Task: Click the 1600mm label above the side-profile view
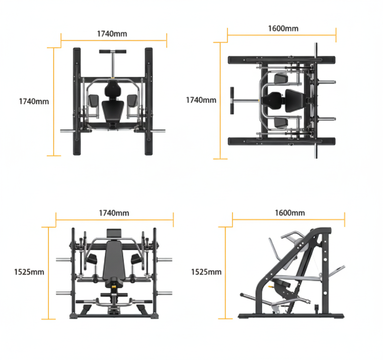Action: [x=290, y=213]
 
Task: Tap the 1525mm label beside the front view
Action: [x=29, y=272]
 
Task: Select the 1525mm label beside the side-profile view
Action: [x=206, y=272]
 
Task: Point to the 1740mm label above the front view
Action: [x=114, y=213]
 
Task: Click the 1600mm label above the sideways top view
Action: [x=283, y=29]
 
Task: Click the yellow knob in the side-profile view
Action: [x=270, y=286]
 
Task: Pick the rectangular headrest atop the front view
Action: [x=114, y=233]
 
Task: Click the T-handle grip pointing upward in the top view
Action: [x=112, y=52]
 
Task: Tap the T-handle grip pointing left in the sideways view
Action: [x=232, y=101]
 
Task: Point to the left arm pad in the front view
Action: [x=92, y=259]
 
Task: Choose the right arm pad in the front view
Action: [x=136, y=259]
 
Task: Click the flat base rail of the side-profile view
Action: [x=291, y=316]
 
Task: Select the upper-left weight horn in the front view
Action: [x=64, y=260]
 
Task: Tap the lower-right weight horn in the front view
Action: [x=164, y=293]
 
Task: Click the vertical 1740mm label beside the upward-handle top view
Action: [x=34, y=101]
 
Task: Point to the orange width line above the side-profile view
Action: [x=288, y=220]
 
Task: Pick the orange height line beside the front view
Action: [x=48, y=273]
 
